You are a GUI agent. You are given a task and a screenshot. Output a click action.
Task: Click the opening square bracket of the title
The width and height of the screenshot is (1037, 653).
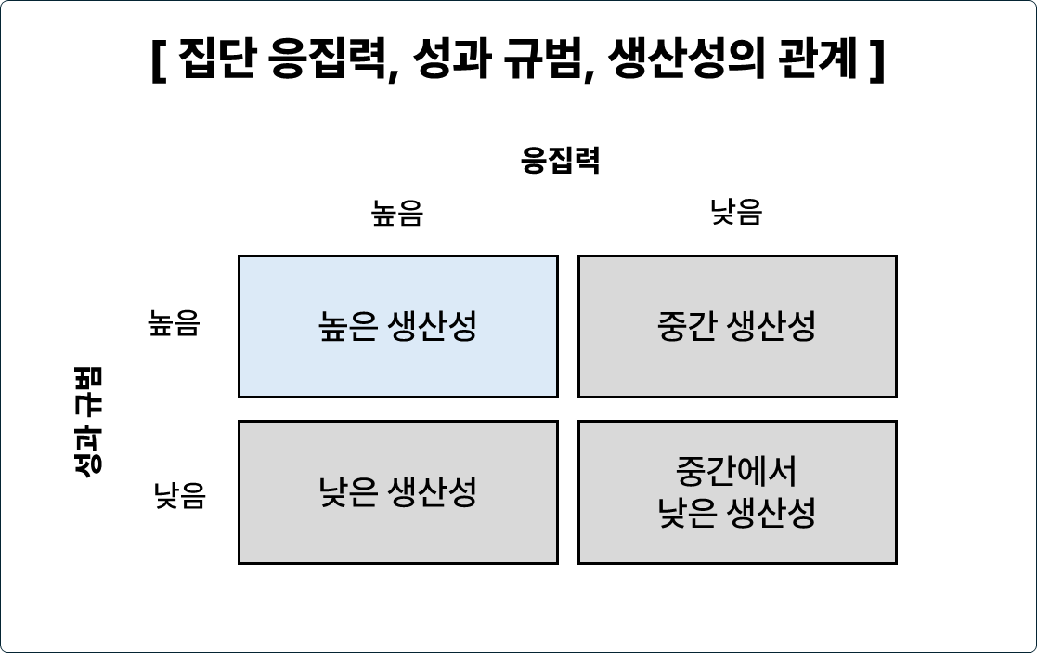157,62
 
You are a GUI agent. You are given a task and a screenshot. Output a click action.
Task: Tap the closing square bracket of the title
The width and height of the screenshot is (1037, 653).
876,62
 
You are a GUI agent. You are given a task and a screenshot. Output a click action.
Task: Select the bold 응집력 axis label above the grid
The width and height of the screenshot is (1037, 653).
561,161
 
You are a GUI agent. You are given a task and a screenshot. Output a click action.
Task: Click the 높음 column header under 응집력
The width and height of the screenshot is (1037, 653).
397,214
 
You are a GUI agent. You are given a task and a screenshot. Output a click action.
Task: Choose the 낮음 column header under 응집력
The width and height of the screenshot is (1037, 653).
737,213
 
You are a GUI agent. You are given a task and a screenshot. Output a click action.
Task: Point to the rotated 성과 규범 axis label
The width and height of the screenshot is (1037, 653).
88,420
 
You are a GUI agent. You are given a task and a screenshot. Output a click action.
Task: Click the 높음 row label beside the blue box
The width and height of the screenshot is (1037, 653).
174,323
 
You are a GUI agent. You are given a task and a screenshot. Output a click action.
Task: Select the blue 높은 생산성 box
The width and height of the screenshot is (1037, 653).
398,326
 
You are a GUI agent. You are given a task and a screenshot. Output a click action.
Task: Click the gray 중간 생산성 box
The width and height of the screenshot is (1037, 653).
737,326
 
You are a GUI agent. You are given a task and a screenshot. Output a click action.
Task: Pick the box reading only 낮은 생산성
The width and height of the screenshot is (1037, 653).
398,492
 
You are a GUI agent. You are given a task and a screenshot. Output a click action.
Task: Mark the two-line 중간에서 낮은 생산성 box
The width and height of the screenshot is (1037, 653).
737,492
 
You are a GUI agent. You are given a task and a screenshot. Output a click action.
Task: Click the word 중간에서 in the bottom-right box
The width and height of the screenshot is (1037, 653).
737,472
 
